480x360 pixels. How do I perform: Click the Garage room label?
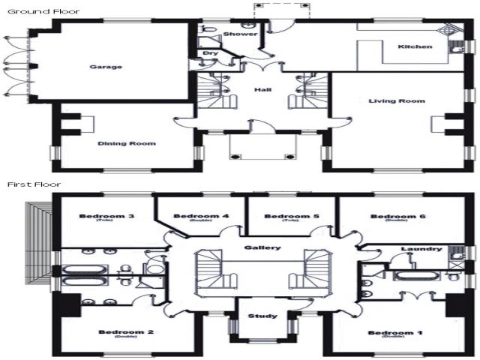tap(106, 67)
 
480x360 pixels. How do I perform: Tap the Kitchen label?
tap(415, 47)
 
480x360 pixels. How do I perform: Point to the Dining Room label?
tap(126, 143)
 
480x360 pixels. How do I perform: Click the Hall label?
tap(262, 90)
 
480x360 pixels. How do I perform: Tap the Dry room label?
tap(210, 54)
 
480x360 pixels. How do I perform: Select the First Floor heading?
tap(34, 184)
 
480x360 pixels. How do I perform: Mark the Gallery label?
tap(262, 247)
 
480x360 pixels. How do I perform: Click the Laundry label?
tap(416, 250)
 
